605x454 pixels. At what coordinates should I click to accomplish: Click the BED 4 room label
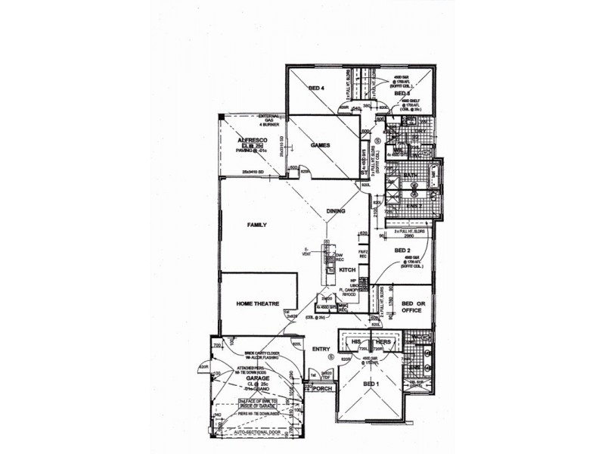click(316, 89)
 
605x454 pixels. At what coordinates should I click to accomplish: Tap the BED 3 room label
click(412, 93)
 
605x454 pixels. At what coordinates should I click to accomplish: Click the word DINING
click(335, 211)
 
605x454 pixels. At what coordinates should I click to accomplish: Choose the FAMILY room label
click(259, 225)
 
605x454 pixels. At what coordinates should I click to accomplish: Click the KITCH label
click(347, 270)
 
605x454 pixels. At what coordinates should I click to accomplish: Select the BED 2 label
click(402, 250)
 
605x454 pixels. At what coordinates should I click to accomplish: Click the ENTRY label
click(321, 349)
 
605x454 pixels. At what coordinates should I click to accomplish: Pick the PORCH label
click(321, 391)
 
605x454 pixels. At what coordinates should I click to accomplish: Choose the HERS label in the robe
click(384, 341)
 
